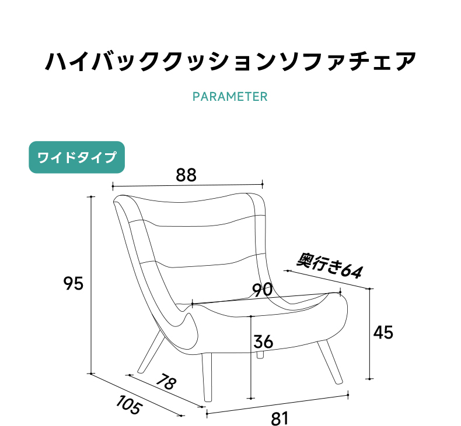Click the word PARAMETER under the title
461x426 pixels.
pos(230,97)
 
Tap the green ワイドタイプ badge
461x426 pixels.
pos(76,157)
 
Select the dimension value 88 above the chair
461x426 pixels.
pos(186,175)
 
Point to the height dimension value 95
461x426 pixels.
pos(73,284)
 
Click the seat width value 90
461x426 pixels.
pos(263,290)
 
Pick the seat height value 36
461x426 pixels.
pos(263,341)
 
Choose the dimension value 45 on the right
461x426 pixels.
pos(383,333)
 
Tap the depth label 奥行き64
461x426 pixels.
pos(329,266)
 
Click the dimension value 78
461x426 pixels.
pos(166,381)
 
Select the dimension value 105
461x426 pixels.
pos(129,405)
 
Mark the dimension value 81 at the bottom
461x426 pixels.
pos(280,418)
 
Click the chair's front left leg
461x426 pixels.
pos(207,377)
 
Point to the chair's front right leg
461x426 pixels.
pos(330,362)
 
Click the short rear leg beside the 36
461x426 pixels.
pos(260,355)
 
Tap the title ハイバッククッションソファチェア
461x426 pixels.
pos(230,61)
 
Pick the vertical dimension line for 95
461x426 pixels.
pos(91,285)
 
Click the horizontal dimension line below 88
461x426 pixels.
pos(187,185)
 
